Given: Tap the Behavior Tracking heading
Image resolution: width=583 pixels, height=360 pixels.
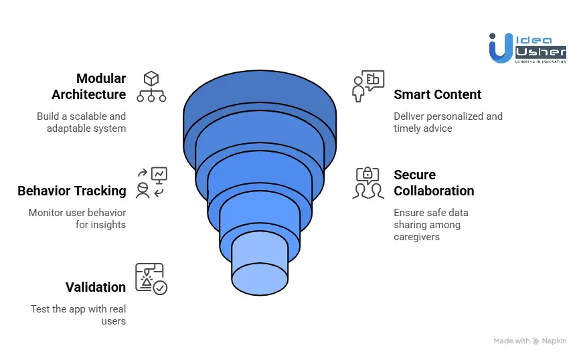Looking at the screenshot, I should click(72, 191).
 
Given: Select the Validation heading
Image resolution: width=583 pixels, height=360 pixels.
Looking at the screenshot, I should click(96, 287).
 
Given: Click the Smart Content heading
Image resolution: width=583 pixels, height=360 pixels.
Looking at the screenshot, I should click(437, 94).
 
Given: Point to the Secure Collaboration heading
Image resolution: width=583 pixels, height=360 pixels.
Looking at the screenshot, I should click(433, 183).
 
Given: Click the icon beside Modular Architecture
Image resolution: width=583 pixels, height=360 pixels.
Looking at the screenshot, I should click(151, 86).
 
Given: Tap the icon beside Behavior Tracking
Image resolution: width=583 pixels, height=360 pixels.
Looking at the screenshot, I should click(151, 183).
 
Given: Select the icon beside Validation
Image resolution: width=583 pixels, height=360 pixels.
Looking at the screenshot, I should click(151, 279).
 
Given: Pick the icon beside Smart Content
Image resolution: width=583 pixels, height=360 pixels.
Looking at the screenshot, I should click(367, 86).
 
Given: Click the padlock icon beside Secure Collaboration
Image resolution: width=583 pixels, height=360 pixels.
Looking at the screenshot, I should click(367, 175).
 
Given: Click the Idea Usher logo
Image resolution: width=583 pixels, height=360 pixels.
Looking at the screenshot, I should click(527, 48).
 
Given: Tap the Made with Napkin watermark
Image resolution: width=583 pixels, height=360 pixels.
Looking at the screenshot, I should click(529, 341).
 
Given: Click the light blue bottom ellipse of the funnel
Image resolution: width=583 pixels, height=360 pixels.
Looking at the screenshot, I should click(260, 278).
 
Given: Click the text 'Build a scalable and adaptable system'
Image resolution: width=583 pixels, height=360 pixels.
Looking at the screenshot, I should click(81, 122).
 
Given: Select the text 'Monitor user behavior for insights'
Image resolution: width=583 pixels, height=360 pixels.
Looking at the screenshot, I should click(77, 218).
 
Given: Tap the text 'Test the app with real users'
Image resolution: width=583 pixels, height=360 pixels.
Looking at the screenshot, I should click(78, 314).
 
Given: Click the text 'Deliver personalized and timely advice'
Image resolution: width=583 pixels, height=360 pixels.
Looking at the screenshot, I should click(447, 122).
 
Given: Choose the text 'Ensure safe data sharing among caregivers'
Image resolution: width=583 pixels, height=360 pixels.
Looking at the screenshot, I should click(430, 224).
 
